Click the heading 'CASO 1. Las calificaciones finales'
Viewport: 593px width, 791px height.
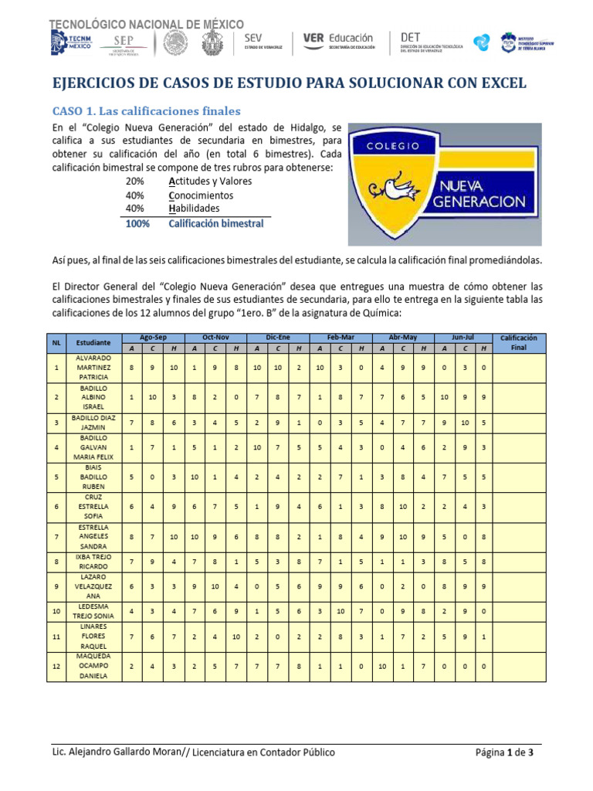click(146, 111)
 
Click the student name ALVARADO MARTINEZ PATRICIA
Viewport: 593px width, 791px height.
click(93, 368)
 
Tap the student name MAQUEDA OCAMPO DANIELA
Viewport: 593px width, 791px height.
click(93, 665)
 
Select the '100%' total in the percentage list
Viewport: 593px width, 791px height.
click(137, 224)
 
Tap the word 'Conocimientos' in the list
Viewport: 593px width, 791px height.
click(201, 195)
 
